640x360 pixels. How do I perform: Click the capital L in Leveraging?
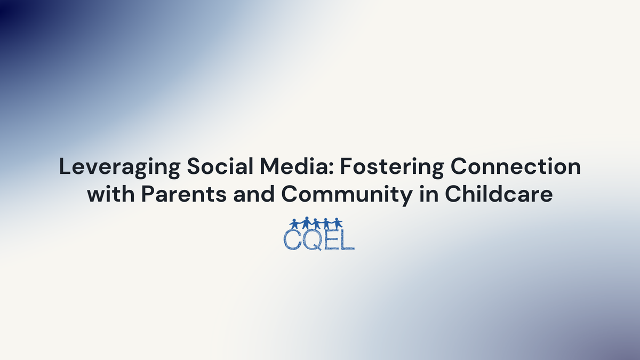click(x=65, y=167)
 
